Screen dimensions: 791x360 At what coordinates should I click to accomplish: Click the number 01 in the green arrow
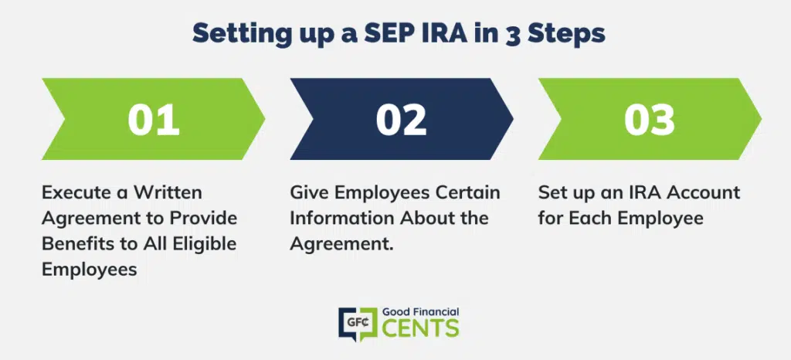point(154,120)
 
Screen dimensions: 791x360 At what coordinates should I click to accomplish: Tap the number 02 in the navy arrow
point(402,120)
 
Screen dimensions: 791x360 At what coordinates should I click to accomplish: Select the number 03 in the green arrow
point(650,120)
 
